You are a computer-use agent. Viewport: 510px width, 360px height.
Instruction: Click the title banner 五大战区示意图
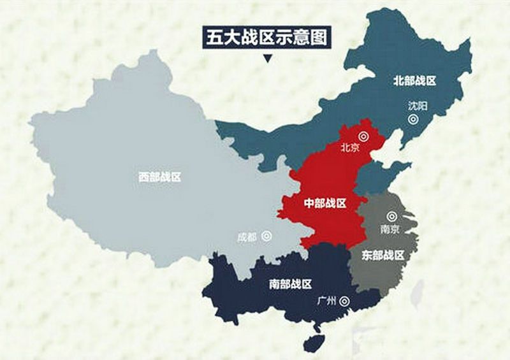(267, 37)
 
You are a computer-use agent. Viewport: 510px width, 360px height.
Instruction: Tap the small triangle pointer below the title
(267, 60)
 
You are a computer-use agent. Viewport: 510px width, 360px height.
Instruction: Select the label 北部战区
(414, 81)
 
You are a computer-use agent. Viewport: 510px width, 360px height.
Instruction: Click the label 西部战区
(160, 177)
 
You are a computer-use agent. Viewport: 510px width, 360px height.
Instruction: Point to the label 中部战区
(325, 203)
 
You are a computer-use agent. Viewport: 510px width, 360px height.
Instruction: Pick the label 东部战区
(383, 256)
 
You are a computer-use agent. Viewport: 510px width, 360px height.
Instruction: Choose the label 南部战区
(291, 284)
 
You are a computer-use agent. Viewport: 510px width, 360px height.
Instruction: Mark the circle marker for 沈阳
(414, 119)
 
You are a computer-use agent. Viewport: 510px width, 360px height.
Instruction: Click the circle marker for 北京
(363, 135)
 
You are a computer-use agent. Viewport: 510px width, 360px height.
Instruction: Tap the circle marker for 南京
(392, 216)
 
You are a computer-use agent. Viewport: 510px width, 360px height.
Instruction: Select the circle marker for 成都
(266, 236)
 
